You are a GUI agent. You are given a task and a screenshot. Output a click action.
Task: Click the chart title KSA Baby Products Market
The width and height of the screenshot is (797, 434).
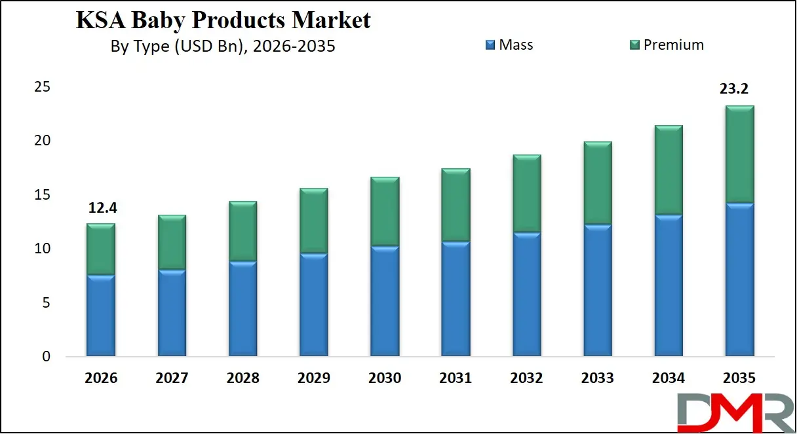223,20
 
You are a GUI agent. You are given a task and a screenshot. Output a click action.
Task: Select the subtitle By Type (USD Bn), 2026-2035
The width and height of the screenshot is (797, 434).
223,47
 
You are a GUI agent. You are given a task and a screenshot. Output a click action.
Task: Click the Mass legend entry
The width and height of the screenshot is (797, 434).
509,45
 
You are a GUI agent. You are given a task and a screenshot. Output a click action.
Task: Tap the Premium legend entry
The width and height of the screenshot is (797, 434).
667,45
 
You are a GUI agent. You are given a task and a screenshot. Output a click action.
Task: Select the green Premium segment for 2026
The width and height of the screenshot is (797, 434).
100,249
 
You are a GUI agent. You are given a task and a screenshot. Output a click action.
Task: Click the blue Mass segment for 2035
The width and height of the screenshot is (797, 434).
739,280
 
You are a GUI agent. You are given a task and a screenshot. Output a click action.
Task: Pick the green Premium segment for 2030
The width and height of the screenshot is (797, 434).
385,211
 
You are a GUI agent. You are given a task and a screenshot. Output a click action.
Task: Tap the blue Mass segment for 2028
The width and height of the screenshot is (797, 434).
243,309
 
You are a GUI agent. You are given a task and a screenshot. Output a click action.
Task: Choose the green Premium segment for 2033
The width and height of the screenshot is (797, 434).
597,183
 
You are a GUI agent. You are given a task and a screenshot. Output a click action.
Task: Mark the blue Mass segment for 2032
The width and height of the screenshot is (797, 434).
526,295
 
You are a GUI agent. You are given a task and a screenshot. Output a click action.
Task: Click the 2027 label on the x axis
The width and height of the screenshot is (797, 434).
172,378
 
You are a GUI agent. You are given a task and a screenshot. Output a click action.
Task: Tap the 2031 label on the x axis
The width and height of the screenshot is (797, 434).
456,378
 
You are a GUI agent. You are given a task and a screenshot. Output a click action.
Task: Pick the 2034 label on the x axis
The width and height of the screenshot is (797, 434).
669,378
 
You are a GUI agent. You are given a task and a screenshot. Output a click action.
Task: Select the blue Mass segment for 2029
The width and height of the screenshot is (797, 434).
313,305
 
